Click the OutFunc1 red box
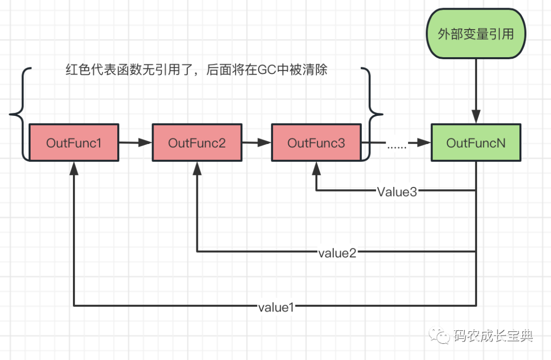point(74,143)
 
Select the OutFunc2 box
point(196,143)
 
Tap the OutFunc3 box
point(316,143)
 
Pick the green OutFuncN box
point(475,143)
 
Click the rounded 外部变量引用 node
point(475,35)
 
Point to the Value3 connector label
point(397,192)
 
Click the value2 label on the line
point(337,252)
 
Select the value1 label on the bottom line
point(276,307)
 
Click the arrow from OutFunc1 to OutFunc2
point(135,143)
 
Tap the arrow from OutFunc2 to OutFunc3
point(256,143)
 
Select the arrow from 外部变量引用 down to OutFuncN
point(476,89)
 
